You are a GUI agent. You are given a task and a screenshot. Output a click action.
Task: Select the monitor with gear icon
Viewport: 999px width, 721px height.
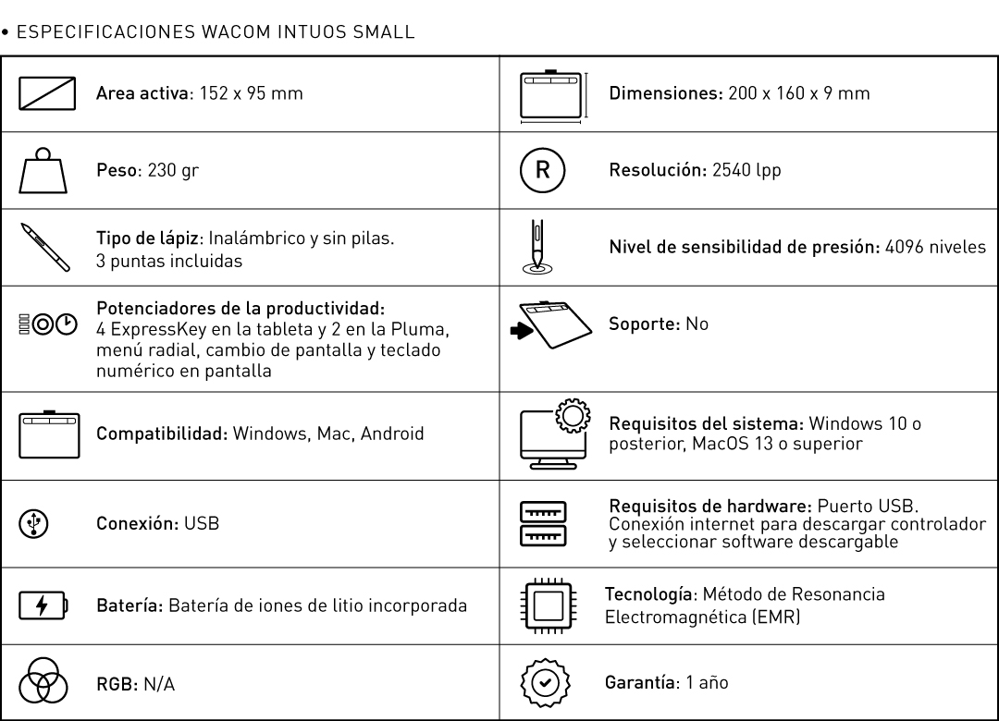click(x=551, y=433)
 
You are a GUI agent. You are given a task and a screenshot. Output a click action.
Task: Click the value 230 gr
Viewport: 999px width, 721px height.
click(x=159, y=172)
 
